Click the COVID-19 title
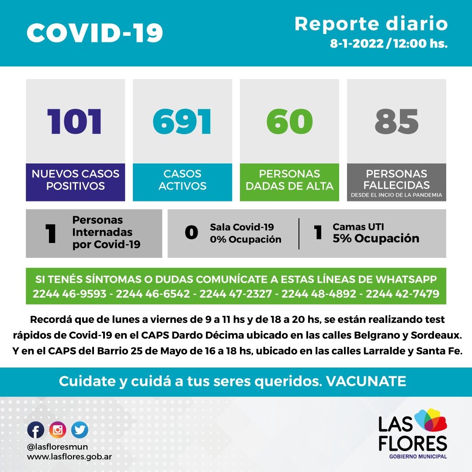(x=95, y=33)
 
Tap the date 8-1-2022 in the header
(x=358, y=44)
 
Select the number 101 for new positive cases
(x=75, y=121)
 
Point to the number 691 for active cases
(x=182, y=121)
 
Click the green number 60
(x=289, y=121)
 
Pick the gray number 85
(x=396, y=121)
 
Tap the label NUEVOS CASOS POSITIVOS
(x=76, y=180)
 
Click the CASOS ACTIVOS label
(x=182, y=180)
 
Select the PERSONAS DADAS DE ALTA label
(x=289, y=180)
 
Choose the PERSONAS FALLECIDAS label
(x=396, y=179)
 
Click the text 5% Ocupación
(x=376, y=239)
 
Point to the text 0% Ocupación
(x=245, y=239)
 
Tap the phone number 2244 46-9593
(x=69, y=294)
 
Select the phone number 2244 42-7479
(x=402, y=294)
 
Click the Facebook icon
(x=35, y=430)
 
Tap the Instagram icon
(x=58, y=430)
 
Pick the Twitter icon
(x=80, y=430)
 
